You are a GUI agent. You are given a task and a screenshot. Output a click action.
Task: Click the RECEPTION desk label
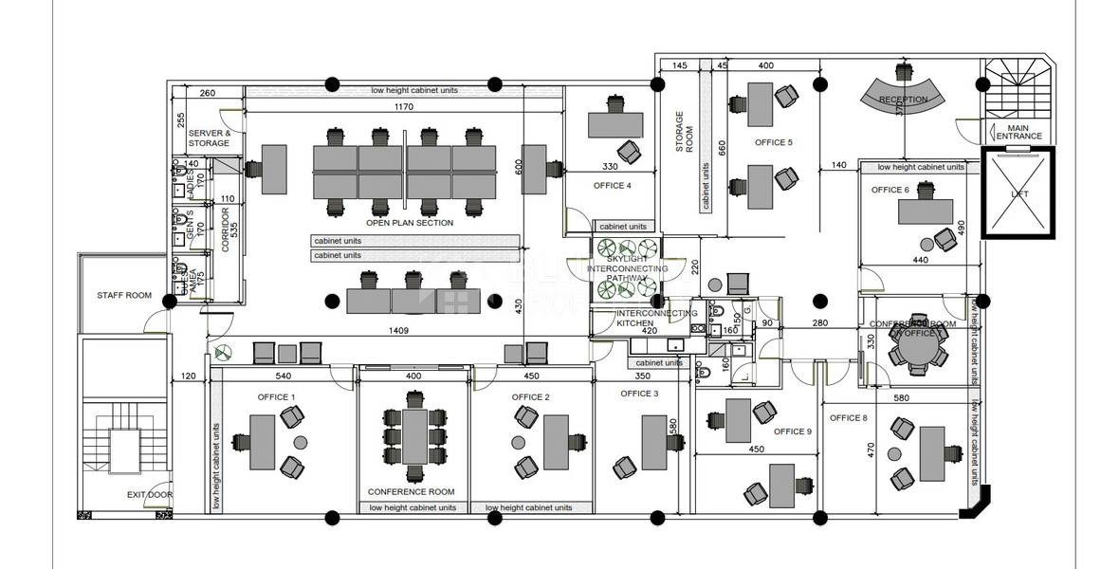[x=903, y=100]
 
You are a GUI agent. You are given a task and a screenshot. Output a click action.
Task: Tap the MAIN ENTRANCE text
[x=1018, y=132]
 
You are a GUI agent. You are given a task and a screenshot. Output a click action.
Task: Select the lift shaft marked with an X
[x=1018, y=193]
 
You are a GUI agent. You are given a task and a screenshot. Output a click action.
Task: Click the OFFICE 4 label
[x=612, y=186]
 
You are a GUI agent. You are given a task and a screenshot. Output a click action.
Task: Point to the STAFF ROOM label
[x=124, y=296]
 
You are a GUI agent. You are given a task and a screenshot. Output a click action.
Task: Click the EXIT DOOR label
[x=150, y=495]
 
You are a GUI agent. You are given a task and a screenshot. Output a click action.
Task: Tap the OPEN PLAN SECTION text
[x=410, y=224]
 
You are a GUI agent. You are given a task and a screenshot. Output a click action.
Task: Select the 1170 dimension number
[x=404, y=107]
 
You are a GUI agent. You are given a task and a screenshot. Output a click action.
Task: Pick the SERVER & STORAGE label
[x=209, y=138]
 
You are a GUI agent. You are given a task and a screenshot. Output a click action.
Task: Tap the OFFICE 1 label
[x=277, y=397]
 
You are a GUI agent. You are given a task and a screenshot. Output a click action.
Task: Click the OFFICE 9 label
[x=793, y=431]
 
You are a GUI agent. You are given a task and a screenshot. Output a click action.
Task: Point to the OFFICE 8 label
[x=848, y=418]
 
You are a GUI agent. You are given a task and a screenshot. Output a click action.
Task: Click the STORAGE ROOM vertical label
[x=684, y=126]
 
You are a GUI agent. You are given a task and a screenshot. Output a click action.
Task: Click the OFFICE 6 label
[x=890, y=190]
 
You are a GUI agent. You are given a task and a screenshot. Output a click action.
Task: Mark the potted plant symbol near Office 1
[x=223, y=352]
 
